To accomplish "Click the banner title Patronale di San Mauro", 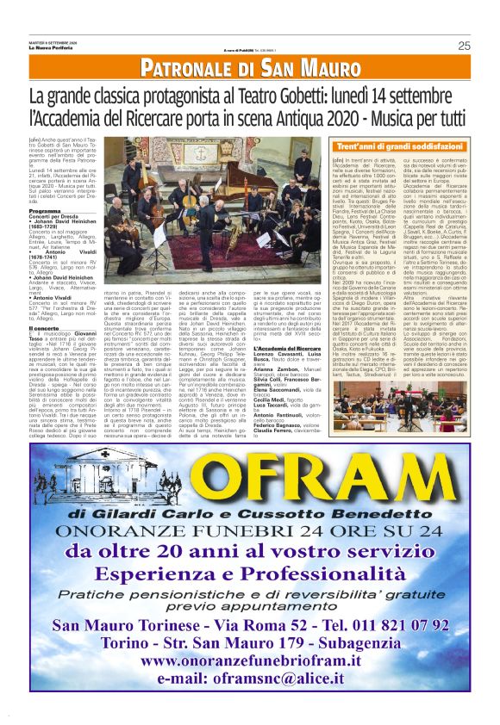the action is pos(250,68).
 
